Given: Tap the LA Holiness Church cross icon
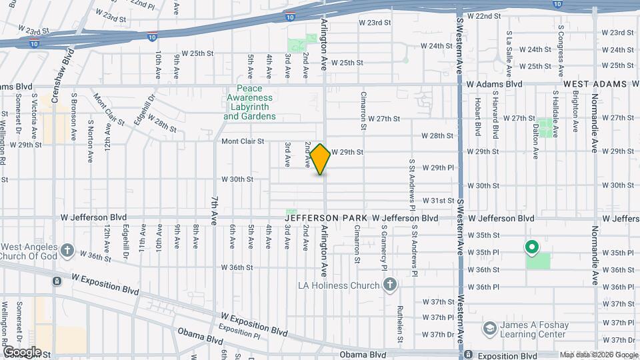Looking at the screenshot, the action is click(390, 285).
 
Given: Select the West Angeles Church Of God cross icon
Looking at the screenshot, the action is click(66, 251).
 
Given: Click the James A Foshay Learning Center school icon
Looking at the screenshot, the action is click(490, 329).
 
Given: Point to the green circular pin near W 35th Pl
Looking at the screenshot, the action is click(531, 248).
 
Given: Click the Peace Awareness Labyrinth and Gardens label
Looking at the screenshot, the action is click(249, 103).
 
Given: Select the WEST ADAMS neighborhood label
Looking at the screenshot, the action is click(595, 84).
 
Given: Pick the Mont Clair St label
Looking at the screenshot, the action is click(243, 141).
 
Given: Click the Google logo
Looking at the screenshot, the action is click(21, 352).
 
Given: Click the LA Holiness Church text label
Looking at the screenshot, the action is click(339, 286).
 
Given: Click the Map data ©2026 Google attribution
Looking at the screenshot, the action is click(598, 355).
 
